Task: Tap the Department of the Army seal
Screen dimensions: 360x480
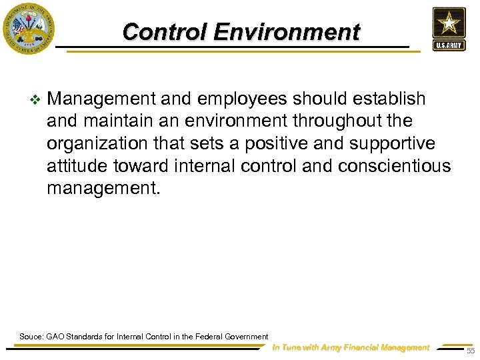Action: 28,29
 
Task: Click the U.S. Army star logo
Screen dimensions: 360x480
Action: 449,28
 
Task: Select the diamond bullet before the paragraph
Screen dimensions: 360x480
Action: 35,100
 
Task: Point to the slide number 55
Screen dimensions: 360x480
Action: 471,351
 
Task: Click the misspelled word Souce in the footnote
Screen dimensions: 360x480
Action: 31,337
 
